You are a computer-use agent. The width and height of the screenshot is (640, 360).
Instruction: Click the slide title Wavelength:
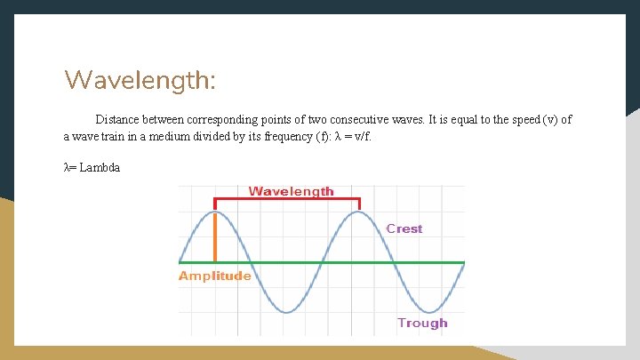pos(140,81)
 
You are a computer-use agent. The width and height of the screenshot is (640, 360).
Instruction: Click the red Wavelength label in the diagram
pos(291,191)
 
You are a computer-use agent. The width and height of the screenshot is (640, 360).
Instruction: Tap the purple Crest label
pos(404,228)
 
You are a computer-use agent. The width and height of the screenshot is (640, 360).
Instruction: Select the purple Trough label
pos(421,323)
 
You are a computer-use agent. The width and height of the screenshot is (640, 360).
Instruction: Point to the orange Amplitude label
pos(215,276)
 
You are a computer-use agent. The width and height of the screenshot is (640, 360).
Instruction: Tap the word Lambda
pos(100,167)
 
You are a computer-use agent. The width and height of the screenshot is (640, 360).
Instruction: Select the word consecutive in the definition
pos(355,119)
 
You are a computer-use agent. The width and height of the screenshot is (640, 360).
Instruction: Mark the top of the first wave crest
pos(215,212)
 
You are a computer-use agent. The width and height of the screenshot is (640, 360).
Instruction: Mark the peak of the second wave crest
pos(359,212)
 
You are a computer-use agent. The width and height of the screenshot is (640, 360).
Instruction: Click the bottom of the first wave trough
pos(287,312)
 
